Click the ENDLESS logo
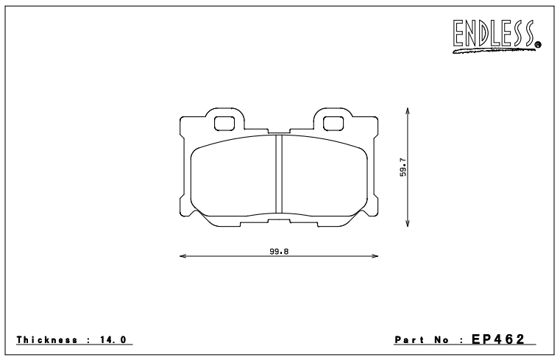[497, 36]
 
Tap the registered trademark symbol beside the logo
[538, 45]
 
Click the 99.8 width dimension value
[279, 252]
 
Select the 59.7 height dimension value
[403, 167]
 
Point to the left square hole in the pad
[224, 124]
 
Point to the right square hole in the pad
[333, 124]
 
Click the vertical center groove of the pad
[279, 175]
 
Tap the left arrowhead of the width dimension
[182, 255]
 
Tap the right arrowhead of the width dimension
[375, 255]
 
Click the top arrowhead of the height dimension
[408, 111]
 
